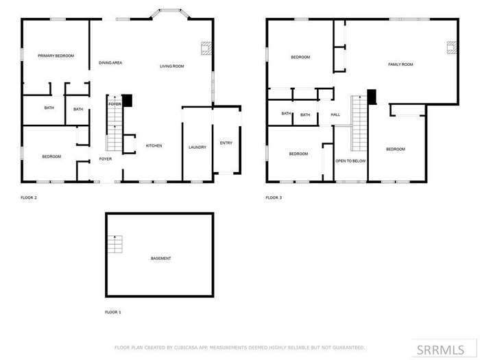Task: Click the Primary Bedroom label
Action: [56, 56]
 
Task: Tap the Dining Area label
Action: [110, 63]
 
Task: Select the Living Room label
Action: [171, 66]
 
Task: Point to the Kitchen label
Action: [154, 145]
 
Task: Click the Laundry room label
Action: [197, 147]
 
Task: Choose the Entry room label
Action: [226, 143]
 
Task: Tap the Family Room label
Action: [400, 64]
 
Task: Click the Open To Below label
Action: [350, 161]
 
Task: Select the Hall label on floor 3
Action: [335, 115]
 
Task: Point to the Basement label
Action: [160, 259]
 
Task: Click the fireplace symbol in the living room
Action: [206, 48]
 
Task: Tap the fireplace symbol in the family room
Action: [452, 48]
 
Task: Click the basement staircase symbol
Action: [115, 244]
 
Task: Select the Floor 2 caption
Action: [29, 197]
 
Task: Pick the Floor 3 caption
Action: [274, 197]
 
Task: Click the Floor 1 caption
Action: [113, 312]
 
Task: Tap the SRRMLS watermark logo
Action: [440, 350]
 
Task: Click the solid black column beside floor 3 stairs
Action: [372, 97]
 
